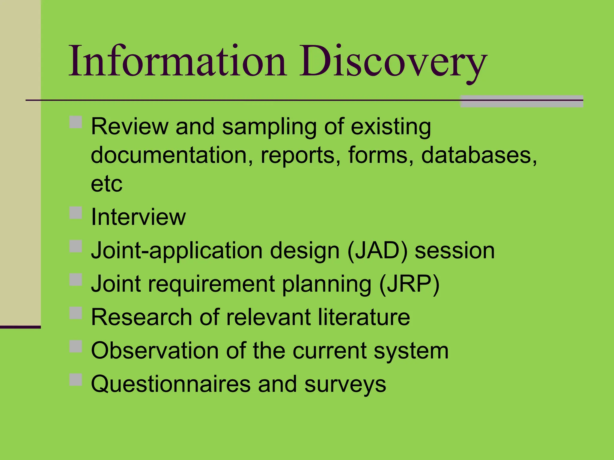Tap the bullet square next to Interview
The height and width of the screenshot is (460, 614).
76,213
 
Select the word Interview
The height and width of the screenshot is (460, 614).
138,217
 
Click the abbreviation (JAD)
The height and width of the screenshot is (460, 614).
377,250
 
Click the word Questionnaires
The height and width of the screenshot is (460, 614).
171,384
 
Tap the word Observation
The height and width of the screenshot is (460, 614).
155,350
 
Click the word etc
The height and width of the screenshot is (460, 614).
106,184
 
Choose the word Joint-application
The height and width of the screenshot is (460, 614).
177,251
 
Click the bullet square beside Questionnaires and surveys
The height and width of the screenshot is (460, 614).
76,380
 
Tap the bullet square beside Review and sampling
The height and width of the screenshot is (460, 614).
76,122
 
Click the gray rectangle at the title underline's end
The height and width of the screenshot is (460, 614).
521,101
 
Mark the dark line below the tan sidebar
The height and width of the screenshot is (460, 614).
20,327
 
